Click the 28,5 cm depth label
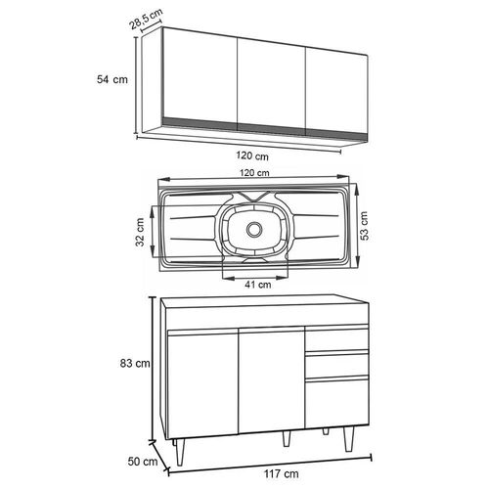point(147,20)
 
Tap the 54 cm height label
point(112,79)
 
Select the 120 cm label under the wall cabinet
point(252,156)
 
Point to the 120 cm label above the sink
point(254,172)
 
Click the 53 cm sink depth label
point(364,226)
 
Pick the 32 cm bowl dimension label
point(141,232)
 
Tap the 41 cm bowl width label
point(258,285)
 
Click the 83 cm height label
point(135,363)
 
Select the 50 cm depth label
point(143,462)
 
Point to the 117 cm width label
point(281,473)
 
